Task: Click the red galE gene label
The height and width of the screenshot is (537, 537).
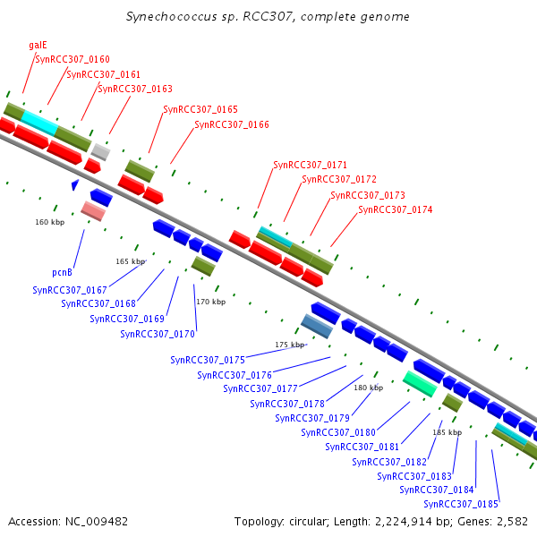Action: click(38, 46)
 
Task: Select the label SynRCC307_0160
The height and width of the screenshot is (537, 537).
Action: click(72, 60)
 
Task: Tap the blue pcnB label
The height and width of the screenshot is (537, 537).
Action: click(62, 273)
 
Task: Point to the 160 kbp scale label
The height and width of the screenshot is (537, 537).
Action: click(49, 222)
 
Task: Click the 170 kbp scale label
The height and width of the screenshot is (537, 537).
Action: click(211, 302)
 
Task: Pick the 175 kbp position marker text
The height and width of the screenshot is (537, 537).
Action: click(290, 345)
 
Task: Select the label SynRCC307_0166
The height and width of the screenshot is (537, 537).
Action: click(232, 124)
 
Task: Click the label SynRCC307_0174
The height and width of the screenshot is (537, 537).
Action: click(396, 209)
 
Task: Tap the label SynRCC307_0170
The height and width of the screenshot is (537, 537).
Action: click(158, 334)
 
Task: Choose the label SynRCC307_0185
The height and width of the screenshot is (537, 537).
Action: click(461, 504)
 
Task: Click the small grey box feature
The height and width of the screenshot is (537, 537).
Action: click(100, 152)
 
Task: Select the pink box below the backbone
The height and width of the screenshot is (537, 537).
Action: click(93, 211)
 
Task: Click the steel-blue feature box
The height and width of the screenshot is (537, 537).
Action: click(317, 326)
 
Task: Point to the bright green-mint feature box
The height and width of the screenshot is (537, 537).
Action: click(421, 384)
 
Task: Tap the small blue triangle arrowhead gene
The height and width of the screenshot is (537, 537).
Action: click(75, 184)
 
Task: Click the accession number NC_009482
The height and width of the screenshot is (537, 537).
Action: click(97, 522)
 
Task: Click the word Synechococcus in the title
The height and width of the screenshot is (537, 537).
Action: click(172, 17)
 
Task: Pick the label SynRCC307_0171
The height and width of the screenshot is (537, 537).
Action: click(311, 165)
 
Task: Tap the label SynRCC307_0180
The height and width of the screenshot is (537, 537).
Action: click(338, 432)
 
